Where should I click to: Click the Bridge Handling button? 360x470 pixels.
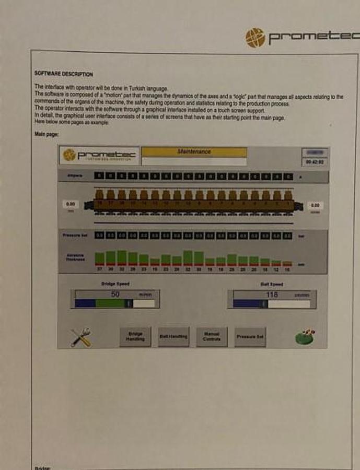click(x=135, y=337)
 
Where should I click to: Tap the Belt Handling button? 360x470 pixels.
click(x=173, y=337)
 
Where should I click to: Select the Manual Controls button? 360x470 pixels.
click(x=212, y=337)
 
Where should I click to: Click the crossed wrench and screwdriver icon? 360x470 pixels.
click(x=81, y=337)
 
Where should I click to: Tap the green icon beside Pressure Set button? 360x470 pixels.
click(x=305, y=336)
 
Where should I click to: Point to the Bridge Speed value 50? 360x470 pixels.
click(x=115, y=295)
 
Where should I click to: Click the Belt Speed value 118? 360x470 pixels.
click(x=272, y=295)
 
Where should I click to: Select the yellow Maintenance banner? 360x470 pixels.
click(x=194, y=152)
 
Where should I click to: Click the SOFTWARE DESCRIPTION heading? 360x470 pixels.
click(x=63, y=74)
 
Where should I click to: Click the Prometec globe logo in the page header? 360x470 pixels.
click(x=256, y=38)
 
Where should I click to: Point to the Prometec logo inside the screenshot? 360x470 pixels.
click(x=99, y=156)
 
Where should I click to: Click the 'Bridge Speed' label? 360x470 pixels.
click(x=115, y=284)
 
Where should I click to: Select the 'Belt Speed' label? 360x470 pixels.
click(x=272, y=284)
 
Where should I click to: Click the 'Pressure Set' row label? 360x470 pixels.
click(x=75, y=236)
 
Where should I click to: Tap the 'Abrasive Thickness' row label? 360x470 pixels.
click(x=75, y=257)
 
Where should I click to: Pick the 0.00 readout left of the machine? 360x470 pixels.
click(x=71, y=204)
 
